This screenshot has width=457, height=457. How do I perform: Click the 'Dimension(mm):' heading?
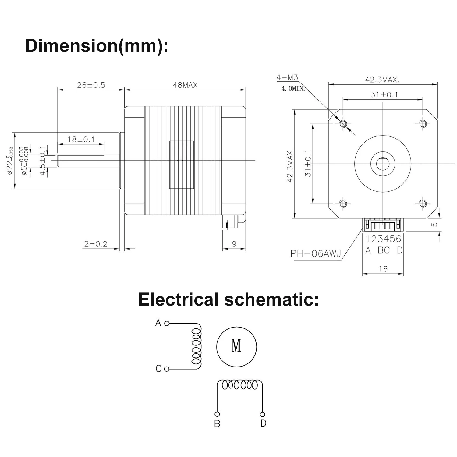tap(97, 46)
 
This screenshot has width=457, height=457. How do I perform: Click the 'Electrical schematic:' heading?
tap(228, 299)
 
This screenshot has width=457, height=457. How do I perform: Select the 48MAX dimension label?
tap(185, 85)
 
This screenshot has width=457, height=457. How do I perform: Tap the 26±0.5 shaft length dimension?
tap(91, 85)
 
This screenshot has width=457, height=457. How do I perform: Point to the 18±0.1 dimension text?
tap(81, 140)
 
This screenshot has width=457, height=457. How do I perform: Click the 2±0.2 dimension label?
tap(96, 244)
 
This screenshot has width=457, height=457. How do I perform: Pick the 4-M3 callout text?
tap(287, 77)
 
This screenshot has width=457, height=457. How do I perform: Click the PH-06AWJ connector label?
tap(316, 253)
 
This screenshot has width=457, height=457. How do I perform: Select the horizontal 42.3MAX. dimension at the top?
tap(382, 80)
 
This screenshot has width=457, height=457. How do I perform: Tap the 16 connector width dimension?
tap(383, 269)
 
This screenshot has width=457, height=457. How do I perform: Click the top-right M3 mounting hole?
tap(423, 123)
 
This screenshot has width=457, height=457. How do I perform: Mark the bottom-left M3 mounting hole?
tap(343, 203)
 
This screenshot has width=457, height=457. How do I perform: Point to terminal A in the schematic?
tap(167, 323)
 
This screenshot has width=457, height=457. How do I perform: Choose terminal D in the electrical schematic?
tap(262, 414)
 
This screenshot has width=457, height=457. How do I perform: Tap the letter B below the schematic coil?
tap(217, 424)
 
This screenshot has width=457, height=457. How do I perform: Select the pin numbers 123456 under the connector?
tap(383, 239)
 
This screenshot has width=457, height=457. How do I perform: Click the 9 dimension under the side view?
tap(234, 244)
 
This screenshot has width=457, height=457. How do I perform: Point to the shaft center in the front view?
tap(383, 164)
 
